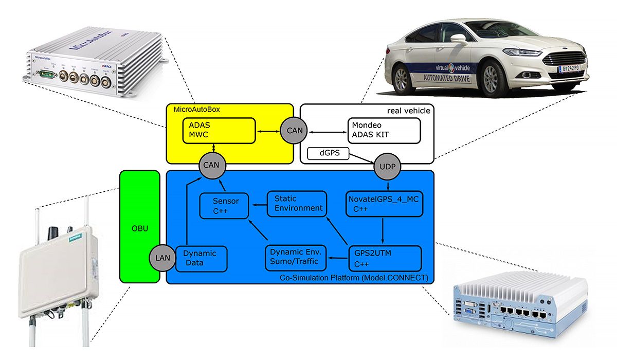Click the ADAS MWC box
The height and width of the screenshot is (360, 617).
(x=220, y=131)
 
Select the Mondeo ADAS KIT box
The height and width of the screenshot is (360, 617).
(x=384, y=131)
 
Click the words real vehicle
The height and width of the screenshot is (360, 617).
(x=409, y=111)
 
